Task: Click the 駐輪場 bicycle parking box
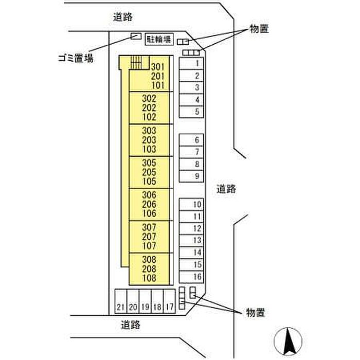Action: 159,39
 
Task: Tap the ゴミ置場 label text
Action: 76,58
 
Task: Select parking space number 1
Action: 191,63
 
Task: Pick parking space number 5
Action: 191,112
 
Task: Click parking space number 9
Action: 191,176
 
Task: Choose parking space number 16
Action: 191,277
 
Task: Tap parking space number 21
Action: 121,301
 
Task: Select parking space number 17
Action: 169,301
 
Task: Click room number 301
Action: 158,67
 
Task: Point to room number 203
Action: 149,140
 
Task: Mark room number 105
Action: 149,182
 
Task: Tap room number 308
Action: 149,260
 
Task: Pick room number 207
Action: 149,237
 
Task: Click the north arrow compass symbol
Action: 288,341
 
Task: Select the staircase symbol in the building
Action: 137,62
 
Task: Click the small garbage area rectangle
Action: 136,37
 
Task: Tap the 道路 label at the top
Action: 123,17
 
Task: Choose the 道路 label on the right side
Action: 226,189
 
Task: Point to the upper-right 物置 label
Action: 259,29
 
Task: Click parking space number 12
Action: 191,228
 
